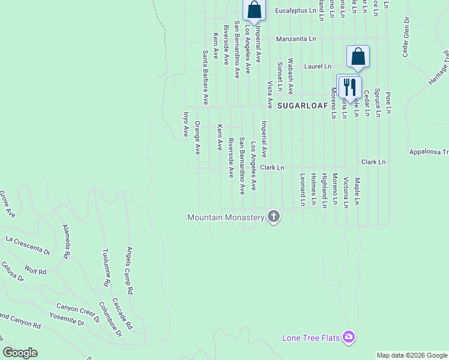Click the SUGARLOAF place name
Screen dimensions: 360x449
click(303, 105)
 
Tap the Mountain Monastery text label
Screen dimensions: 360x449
click(226, 217)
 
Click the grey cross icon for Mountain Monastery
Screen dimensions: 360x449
click(274, 217)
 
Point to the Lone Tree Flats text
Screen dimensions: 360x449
click(311, 338)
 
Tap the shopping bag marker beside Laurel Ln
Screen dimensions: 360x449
click(358, 57)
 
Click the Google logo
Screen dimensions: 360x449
click(20, 353)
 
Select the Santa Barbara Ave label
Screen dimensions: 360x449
click(205, 77)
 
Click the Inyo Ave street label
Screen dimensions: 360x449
click(186, 124)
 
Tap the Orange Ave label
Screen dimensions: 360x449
click(197, 139)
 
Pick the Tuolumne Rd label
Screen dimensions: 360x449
click(106, 266)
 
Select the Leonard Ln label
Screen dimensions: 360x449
click(303, 190)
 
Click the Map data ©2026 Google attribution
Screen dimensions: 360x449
click(412, 355)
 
